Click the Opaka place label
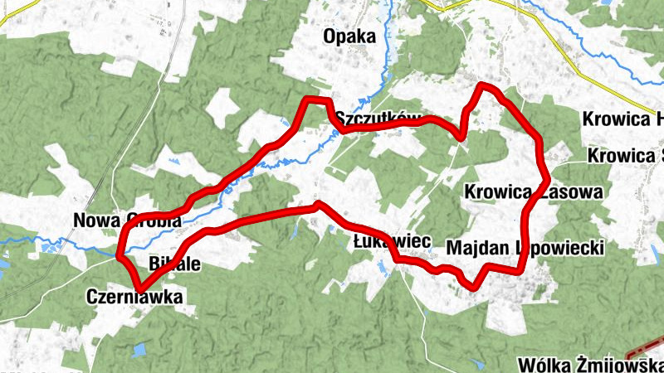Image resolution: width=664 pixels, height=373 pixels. (349, 36)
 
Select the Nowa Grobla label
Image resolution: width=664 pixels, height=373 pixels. (127, 220)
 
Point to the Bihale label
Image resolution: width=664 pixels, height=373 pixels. (174, 264)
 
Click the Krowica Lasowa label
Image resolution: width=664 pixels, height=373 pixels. (534, 192)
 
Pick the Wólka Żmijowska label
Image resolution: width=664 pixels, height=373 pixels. (589, 366)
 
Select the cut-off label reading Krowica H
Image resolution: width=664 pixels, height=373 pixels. (622, 119)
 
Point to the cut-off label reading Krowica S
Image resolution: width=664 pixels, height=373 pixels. (625, 155)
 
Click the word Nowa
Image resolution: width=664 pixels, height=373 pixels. (94, 220)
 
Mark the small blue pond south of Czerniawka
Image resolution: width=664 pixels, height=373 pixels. (140, 350)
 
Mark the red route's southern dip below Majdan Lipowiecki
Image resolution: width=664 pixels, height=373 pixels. (471, 286)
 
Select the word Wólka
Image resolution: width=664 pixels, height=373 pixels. (542, 366)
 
